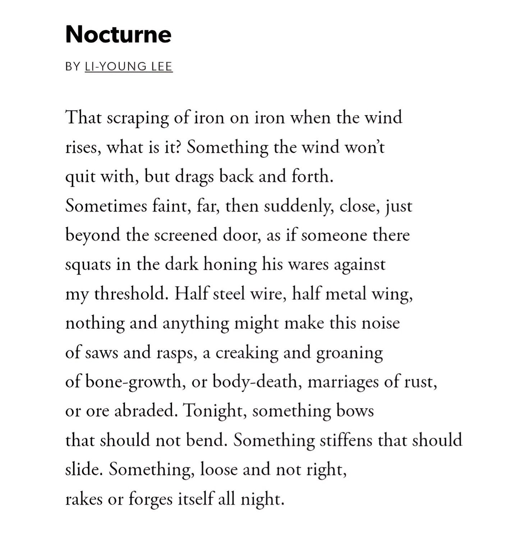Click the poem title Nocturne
pyautogui.click(x=118, y=35)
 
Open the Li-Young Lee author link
pyautogui.click(x=129, y=67)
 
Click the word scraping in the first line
pyautogui.click(x=138, y=118)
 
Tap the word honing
pyautogui.click(x=230, y=265)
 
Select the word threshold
pyautogui.click(x=132, y=294)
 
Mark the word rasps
pyautogui.click(x=177, y=353)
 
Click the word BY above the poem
pyautogui.click(x=73, y=67)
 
